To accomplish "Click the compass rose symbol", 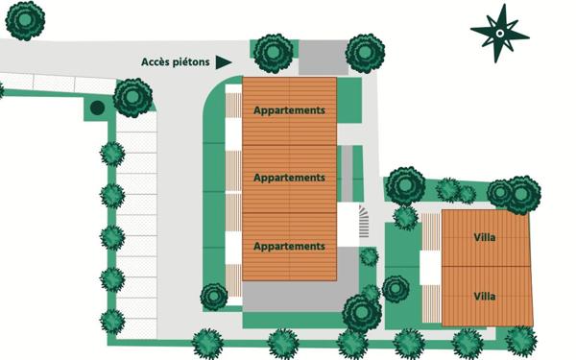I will (x=499, y=34).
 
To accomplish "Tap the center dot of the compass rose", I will (x=499, y=34).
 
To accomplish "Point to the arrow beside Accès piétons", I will (x=224, y=62).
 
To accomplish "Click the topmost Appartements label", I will (x=289, y=110).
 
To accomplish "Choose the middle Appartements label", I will (x=289, y=178).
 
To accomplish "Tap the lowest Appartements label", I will (x=289, y=247).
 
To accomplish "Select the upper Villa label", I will (x=485, y=237).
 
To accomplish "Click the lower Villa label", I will (x=485, y=296).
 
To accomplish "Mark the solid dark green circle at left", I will (x=97, y=108).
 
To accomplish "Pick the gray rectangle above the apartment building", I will (x=322, y=57).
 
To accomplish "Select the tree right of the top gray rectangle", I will (x=365, y=53).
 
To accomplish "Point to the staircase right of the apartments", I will (x=362, y=225).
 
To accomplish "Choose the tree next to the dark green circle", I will (x=132, y=97).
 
